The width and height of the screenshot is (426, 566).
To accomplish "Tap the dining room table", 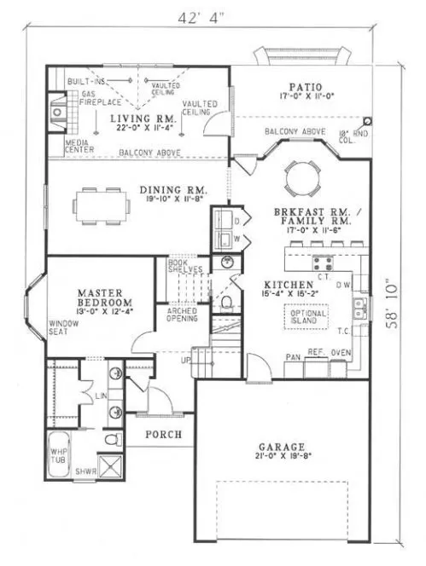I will [102, 204].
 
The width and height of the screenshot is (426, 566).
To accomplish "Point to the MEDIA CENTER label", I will [79, 147].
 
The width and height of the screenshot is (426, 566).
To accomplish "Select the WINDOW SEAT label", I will [64, 328].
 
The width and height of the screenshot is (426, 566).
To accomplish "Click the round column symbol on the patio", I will [367, 122].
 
